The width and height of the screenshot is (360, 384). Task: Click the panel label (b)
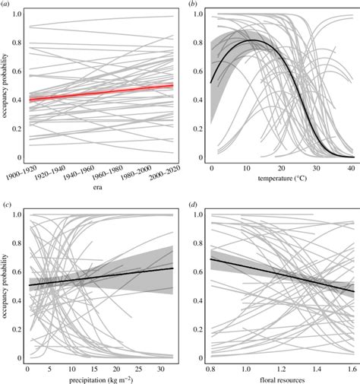191,5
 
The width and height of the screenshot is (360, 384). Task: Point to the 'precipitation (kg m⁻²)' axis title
101,378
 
